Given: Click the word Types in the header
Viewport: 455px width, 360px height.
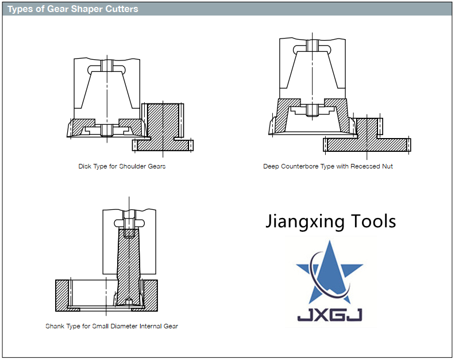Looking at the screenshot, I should (20, 9).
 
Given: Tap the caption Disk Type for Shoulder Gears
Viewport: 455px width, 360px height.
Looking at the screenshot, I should (122, 166).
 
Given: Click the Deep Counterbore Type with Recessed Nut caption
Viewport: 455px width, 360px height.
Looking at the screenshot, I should (328, 166).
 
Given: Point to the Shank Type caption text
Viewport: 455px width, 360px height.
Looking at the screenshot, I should (111, 326).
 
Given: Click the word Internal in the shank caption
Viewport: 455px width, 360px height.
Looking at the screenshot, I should (151, 326).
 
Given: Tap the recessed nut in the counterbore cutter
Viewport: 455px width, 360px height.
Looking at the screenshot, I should (313, 109).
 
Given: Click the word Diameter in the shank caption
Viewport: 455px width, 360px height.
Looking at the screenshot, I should (125, 326).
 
